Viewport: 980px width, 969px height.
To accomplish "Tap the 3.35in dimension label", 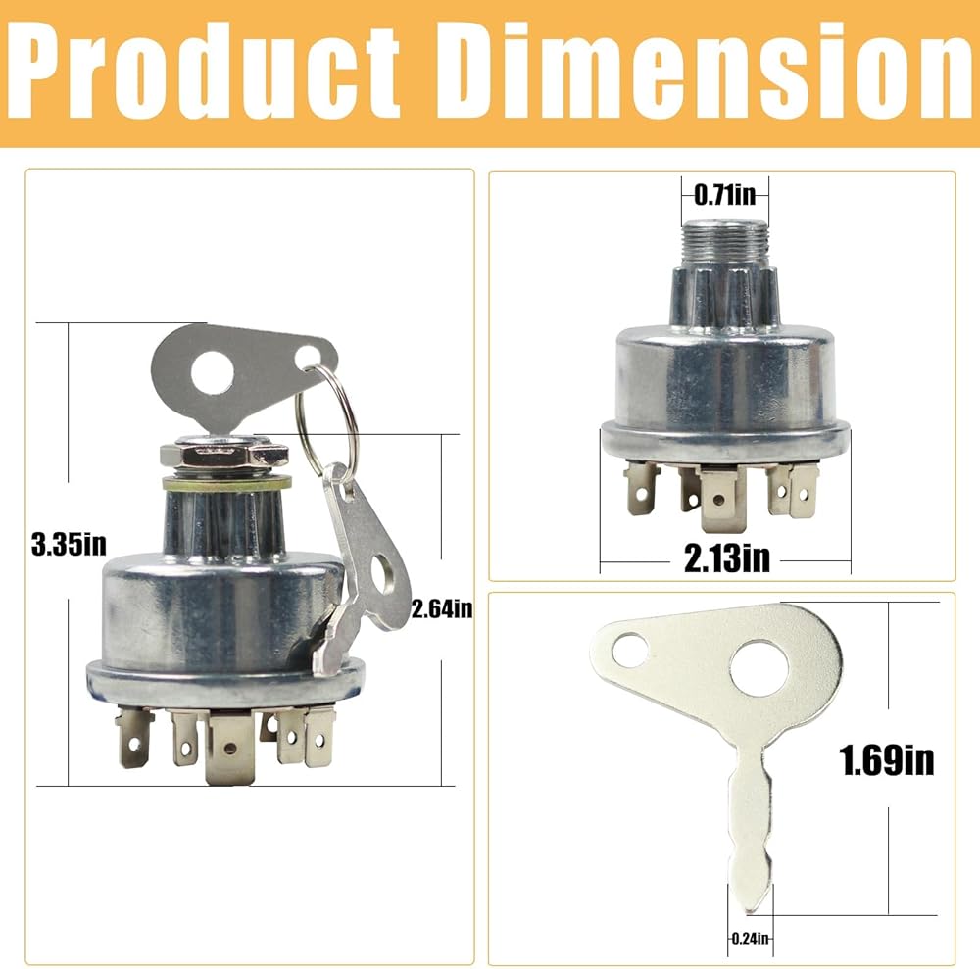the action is tap(69, 545).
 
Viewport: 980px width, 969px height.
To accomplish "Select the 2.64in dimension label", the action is tap(442, 608).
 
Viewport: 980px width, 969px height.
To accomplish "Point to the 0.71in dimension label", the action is tap(724, 195).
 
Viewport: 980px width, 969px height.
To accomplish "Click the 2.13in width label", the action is tap(727, 557).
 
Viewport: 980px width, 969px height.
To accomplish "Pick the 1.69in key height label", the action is tap(886, 759).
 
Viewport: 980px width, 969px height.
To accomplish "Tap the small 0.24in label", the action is tap(750, 938).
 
